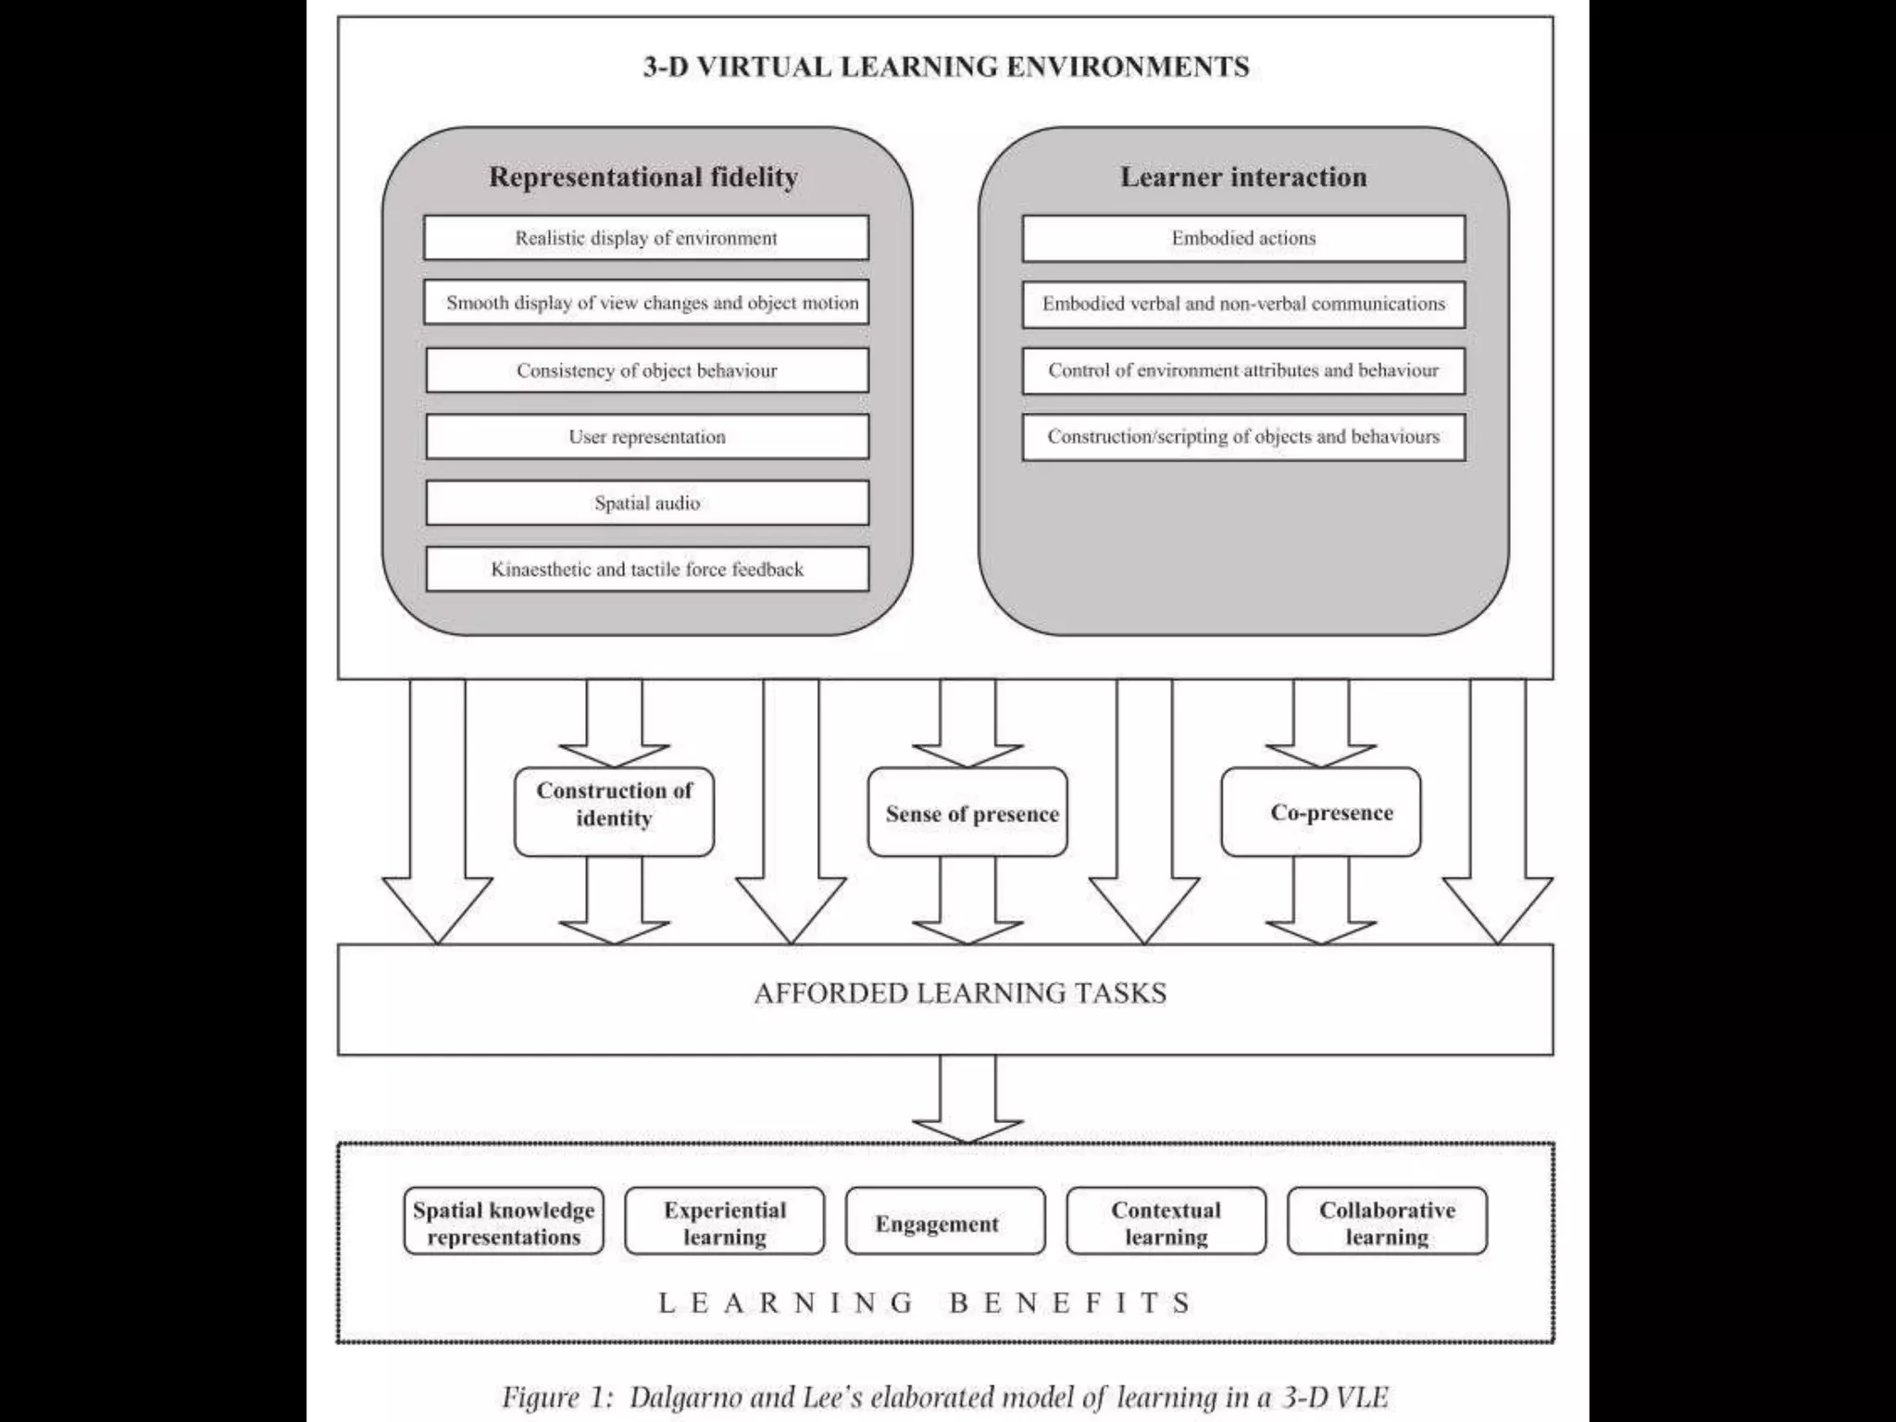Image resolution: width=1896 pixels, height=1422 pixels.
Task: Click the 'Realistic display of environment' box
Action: (x=646, y=238)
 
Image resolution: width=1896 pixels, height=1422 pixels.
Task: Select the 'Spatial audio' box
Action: (x=647, y=503)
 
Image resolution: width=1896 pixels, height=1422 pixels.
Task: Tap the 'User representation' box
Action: (x=647, y=437)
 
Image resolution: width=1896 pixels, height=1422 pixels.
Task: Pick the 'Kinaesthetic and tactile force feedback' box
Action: (x=647, y=569)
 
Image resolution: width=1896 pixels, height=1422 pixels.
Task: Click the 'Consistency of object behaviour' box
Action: (x=647, y=370)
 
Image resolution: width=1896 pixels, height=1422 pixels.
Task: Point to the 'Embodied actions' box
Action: (x=1243, y=238)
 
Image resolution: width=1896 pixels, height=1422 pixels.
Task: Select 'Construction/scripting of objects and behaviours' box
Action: (x=1243, y=437)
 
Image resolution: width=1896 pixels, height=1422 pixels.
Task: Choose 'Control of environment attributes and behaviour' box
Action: (x=1243, y=370)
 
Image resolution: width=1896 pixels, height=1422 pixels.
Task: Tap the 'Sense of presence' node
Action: (x=967, y=812)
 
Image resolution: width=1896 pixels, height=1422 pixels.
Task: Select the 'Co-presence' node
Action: (x=1321, y=812)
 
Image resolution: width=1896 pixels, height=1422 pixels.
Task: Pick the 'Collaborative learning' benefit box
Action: (x=1387, y=1221)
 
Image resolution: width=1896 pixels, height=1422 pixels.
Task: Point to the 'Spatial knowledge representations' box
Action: (x=504, y=1221)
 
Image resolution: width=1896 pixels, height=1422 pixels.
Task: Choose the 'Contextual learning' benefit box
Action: (x=1166, y=1221)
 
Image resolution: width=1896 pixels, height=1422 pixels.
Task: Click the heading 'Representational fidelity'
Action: (x=643, y=177)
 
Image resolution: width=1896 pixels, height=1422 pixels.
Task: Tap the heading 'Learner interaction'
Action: (x=1243, y=177)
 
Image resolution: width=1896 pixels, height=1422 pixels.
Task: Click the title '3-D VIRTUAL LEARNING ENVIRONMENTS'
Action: (x=946, y=67)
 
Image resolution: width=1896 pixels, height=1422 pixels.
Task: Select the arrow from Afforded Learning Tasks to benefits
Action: (x=967, y=1098)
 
